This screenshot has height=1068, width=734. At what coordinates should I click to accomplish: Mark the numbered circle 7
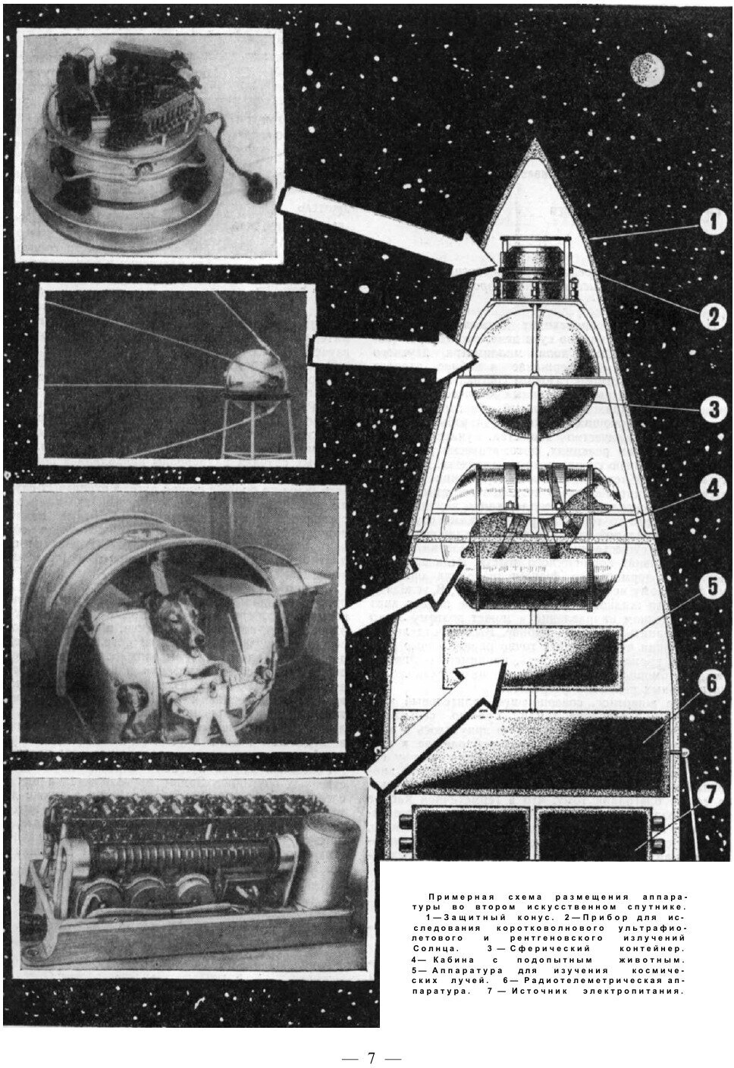click(707, 795)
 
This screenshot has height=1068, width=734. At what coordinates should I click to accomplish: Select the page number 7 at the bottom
click(371, 1057)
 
